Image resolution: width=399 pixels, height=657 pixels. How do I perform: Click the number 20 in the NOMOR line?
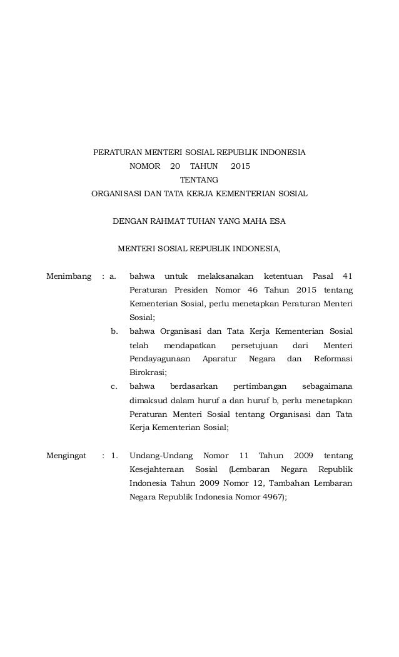point(174,166)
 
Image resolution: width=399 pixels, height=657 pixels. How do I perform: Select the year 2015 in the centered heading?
point(240,166)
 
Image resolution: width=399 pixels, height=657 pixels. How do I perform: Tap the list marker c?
point(114,386)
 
